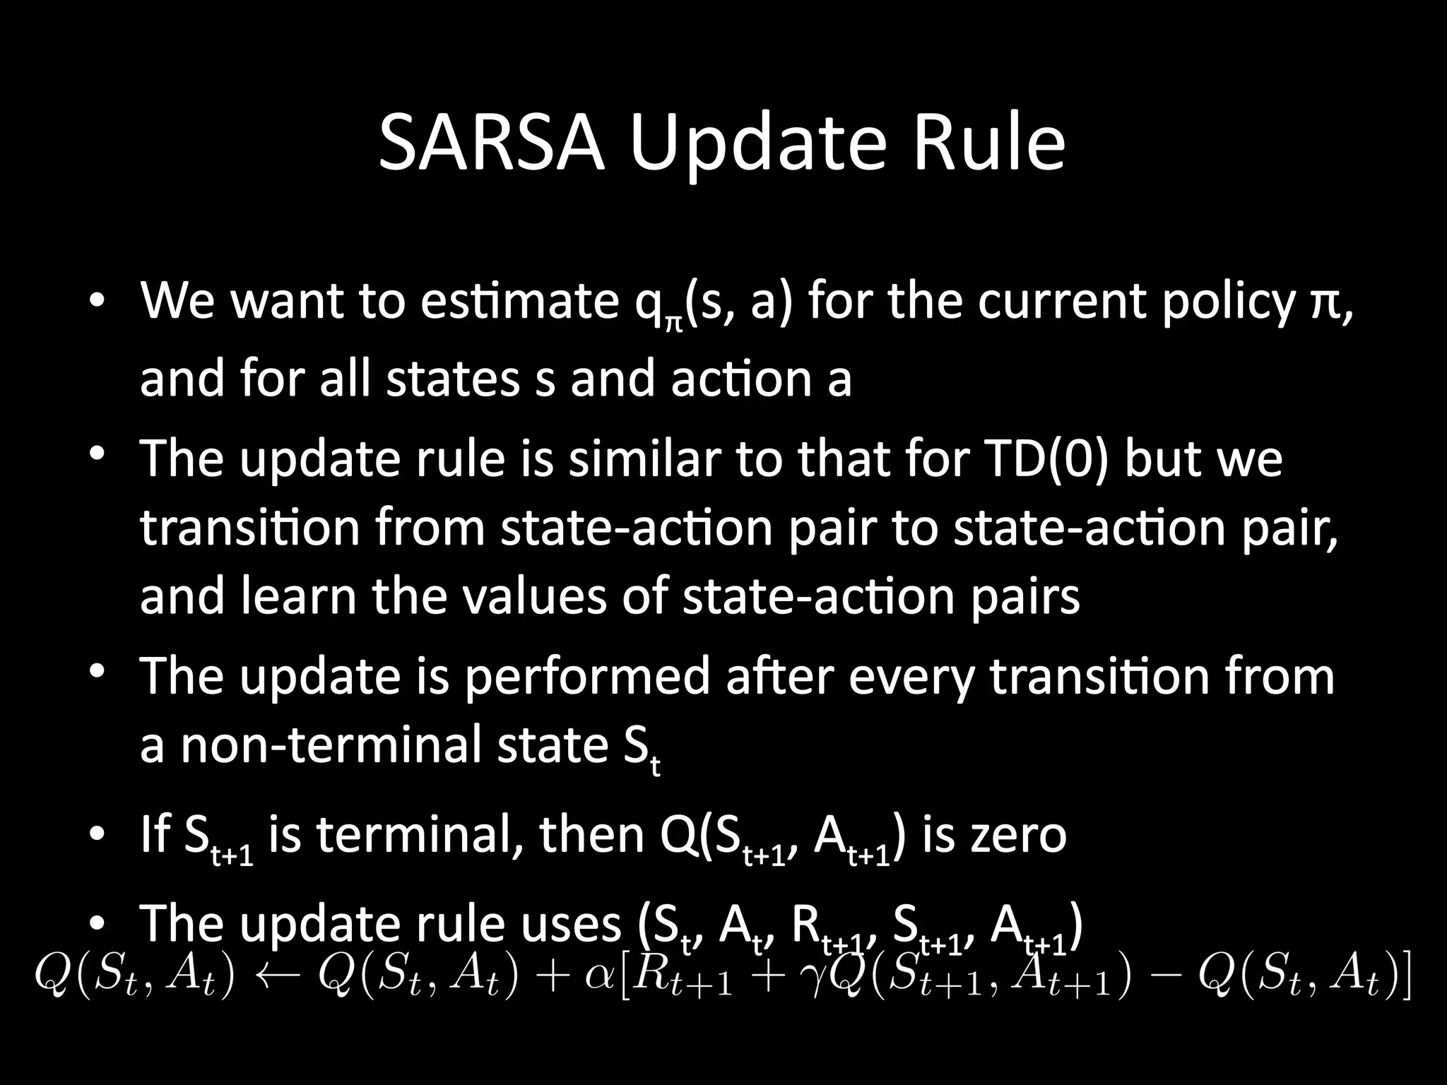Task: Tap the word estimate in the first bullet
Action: [519, 301]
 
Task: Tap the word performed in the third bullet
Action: [586, 675]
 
